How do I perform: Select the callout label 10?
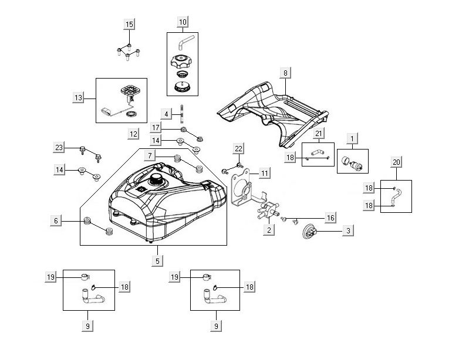[x=183, y=22]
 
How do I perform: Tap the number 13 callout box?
[x=79, y=98]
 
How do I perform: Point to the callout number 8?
[x=286, y=73]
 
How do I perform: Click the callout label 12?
[x=134, y=134]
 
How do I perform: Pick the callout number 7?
[x=151, y=155]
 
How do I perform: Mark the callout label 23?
[x=59, y=148]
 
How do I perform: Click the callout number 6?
[x=56, y=221]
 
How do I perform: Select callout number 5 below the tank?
[x=157, y=260]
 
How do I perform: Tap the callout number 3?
[x=348, y=231]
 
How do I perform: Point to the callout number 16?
[x=331, y=218]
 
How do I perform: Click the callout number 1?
[x=352, y=138]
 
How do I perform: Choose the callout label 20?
[x=396, y=161]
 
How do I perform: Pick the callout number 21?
[x=319, y=134]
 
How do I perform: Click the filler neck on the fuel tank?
[x=157, y=179]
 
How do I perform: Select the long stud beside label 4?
[x=183, y=113]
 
